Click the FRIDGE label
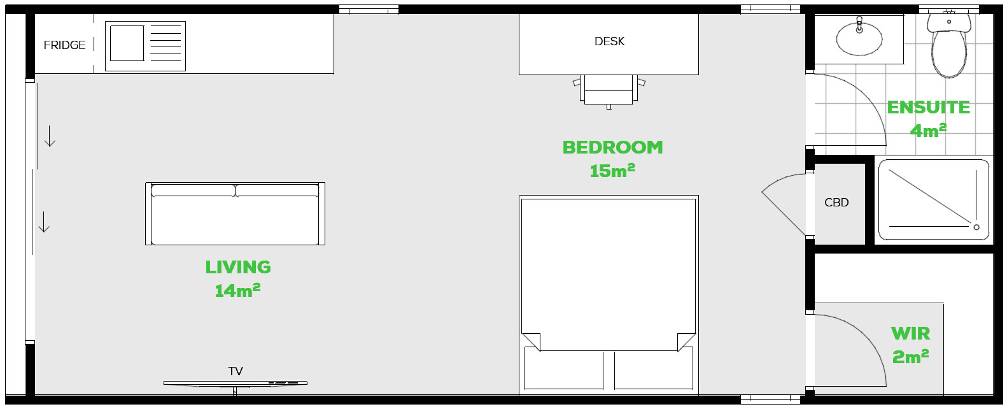pos(64,45)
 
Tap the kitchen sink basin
pos(127,43)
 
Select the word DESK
pos(609,41)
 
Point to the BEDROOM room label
pos(613,148)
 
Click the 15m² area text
pos(612,171)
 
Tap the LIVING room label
pos(238,268)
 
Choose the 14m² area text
pos(238,291)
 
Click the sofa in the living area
pos(235,213)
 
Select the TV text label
pos(236,371)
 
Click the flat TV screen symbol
pos(235,384)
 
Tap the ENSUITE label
pos(928,108)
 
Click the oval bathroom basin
pos(859,39)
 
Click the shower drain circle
pos(976,227)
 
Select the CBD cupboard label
pos(836,203)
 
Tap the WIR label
pos(910,333)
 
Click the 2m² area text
pos(910,357)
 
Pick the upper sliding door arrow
pos(50,136)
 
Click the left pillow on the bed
pos(564,370)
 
